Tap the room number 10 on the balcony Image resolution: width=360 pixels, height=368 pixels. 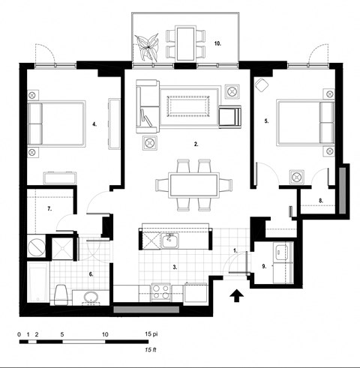(217, 44)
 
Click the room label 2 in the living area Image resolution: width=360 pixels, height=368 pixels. (196, 143)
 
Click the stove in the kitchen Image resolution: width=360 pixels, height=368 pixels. (160, 290)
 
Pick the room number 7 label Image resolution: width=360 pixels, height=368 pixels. (49, 208)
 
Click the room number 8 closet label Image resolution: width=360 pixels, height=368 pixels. (320, 200)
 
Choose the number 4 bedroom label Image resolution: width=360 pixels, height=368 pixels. (94, 124)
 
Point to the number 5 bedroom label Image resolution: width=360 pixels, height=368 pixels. (266, 120)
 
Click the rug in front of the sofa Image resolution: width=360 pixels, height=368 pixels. (187, 106)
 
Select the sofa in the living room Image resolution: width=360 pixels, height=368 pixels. (145, 106)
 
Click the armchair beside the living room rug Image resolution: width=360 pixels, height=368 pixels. (229, 116)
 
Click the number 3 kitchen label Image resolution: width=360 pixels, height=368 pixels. (175, 266)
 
